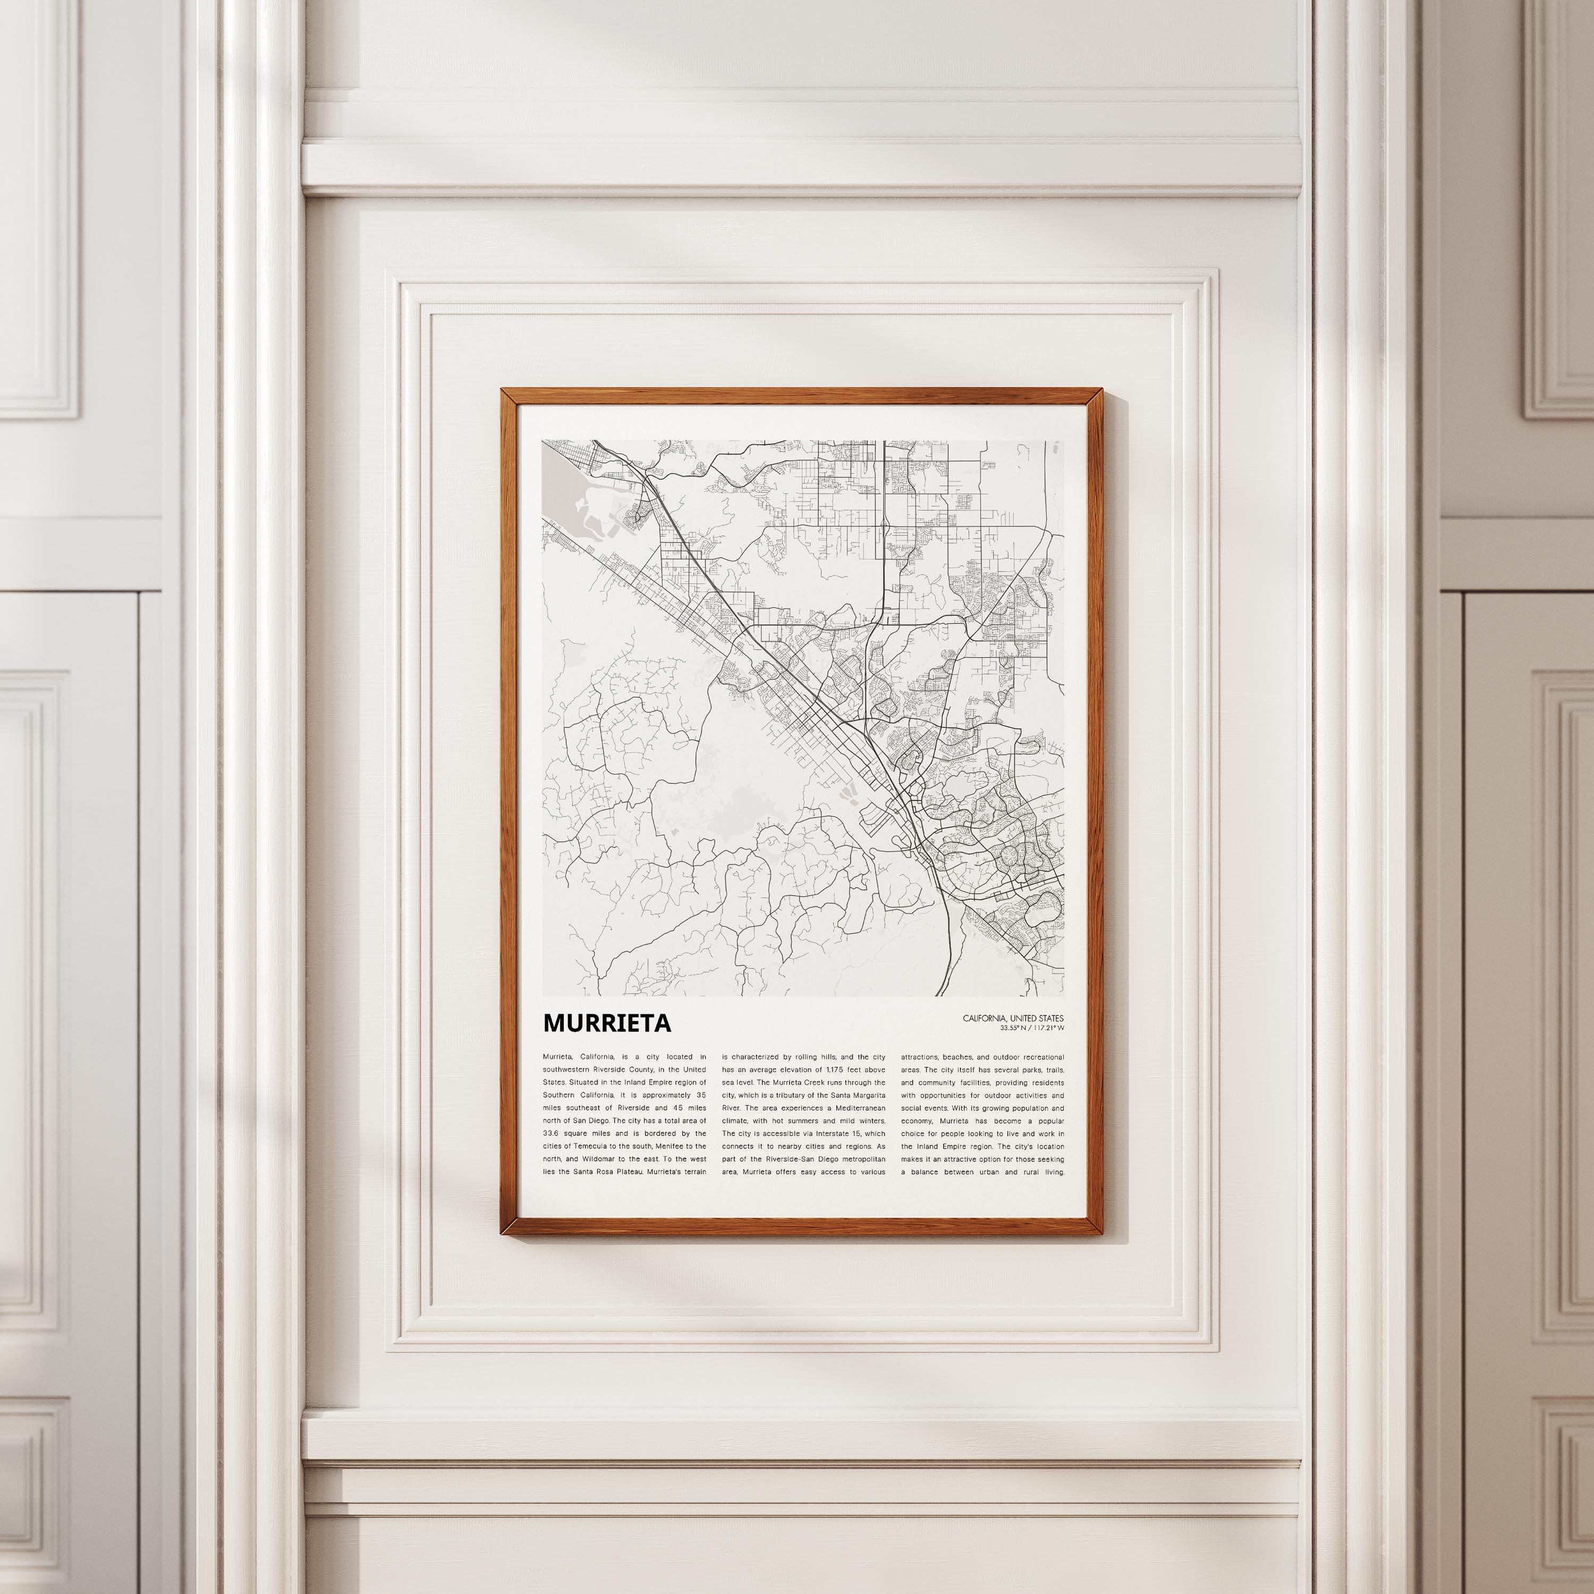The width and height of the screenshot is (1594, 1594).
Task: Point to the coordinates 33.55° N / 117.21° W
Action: pyautogui.click(x=1031, y=1028)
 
